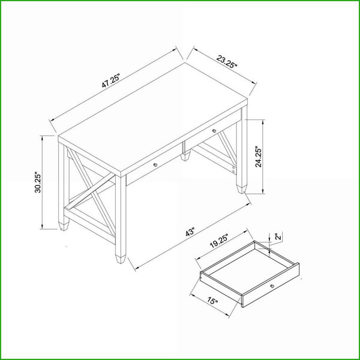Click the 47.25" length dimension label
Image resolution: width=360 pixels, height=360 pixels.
pyautogui.click(x=111, y=81)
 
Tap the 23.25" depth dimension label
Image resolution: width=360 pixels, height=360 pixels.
pyautogui.click(x=226, y=62)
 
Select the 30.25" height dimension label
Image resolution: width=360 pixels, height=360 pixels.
pyautogui.click(x=37, y=182)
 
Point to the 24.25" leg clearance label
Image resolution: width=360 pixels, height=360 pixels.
pyautogui.click(x=259, y=157)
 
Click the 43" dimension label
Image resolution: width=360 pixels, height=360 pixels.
pyautogui.click(x=190, y=232)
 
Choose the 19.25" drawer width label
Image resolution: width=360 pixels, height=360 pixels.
pyautogui.click(x=219, y=241)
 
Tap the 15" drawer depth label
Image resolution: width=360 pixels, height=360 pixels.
pyautogui.click(x=212, y=301)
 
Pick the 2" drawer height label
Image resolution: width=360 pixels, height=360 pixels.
pyautogui.click(x=278, y=237)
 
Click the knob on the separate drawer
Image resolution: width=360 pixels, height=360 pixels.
pyautogui.click(x=272, y=286)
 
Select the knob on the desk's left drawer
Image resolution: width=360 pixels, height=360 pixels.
pyautogui.click(x=155, y=164)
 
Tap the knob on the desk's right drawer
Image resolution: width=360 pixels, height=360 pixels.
pyautogui.click(x=214, y=131)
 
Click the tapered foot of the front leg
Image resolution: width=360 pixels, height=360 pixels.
pyautogui.click(x=121, y=259)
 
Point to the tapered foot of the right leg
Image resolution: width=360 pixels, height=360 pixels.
pyautogui.click(x=241, y=189)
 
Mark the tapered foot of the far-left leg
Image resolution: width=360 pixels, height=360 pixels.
pyautogui.click(x=64, y=226)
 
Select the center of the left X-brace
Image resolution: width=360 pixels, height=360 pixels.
pyautogui.click(x=92, y=191)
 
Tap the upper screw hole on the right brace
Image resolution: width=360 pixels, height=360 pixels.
pyautogui.click(x=233, y=167)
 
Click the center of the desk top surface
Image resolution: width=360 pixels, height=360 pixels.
pyautogui.click(x=152, y=119)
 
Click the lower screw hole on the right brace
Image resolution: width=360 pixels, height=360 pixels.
pyautogui.click(x=233, y=171)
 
